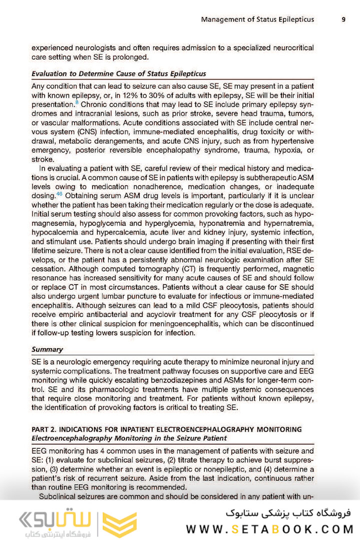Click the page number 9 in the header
click(343, 19)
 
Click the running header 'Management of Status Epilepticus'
click(257, 19)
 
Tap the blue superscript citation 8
click(76, 102)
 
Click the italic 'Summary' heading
click(47, 349)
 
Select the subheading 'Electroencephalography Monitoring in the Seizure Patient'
click(129, 438)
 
